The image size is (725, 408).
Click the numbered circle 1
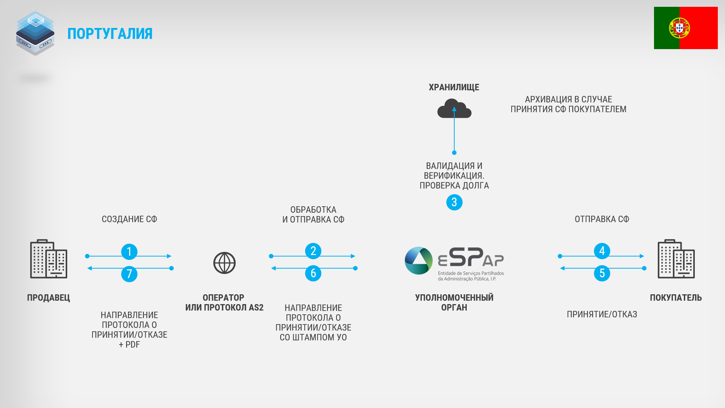[129, 252]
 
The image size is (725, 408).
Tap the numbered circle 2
[313, 251]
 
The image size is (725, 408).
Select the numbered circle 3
[454, 202]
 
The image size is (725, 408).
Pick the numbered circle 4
[602, 251]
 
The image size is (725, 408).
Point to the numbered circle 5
[602, 273]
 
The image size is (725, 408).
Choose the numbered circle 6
[313, 273]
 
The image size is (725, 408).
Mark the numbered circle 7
[129, 274]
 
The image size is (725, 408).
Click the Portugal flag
[686, 28]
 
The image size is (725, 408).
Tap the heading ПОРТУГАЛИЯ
[110, 34]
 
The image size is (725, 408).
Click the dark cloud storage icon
[454, 108]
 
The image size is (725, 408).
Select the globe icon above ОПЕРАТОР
[224, 263]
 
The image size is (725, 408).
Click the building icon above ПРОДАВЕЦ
[49, 259]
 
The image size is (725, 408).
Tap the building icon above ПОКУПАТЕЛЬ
[676, 259]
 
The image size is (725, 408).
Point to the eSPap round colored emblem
[418, 261]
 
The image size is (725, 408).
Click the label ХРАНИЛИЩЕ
[454, 87]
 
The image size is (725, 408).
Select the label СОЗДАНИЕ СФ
[130, 219]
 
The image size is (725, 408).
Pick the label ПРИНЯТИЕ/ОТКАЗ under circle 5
[602, 314]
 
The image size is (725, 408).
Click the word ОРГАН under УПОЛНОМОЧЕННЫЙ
[454, 308]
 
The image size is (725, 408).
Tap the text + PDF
[130, 345]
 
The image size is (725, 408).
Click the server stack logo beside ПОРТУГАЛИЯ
[35, 33]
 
